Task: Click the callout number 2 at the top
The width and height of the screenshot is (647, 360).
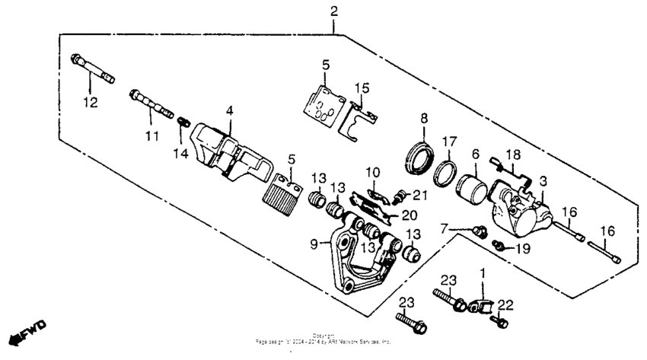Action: point(334,11)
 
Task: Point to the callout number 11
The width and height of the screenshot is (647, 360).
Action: point(151,136)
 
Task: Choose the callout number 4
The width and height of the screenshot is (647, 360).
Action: point(229,111)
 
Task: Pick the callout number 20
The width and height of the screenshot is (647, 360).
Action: point(409,215)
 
